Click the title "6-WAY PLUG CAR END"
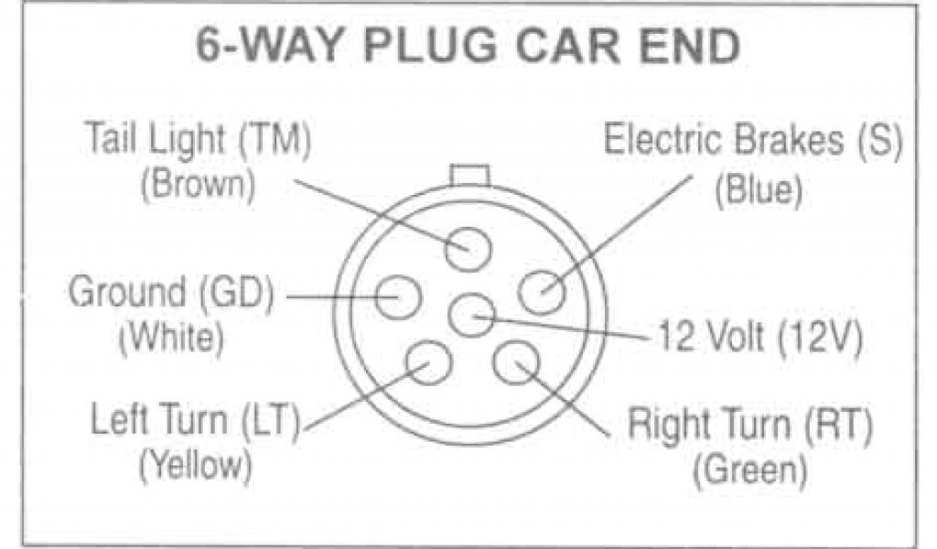click(468, 48)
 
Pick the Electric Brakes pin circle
click(542, 292)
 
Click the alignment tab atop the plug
click(468, 173)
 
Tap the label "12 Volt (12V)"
click(756, 339)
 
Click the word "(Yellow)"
click(195, 466)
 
